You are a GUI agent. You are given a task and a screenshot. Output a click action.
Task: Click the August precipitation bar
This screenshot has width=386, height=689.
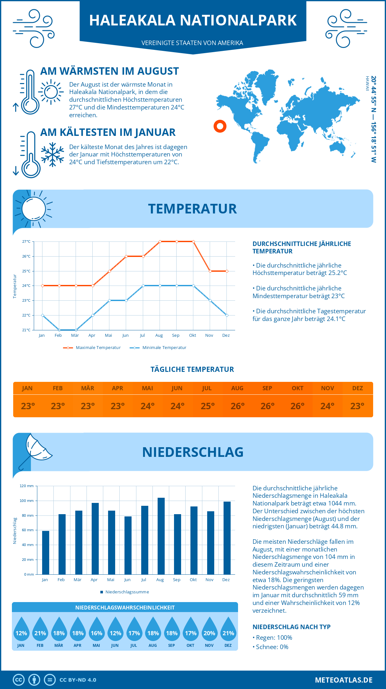pyautogui.click(x=161, y=536)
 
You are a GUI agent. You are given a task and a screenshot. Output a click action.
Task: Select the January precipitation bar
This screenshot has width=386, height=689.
pyautogui.click(x=46, y=552)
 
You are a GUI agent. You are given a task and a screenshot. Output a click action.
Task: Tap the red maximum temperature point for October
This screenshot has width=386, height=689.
pyautogui.click(x=193, y=241)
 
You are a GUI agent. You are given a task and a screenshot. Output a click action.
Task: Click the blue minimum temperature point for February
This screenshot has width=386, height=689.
pyautogui.click(x=59, y=330)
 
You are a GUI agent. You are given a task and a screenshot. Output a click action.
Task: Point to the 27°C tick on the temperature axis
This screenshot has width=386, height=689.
pyautogui.click(x=26, y=241)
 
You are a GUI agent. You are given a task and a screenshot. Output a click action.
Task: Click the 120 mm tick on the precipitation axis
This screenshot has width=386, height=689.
pyautogui.click(x=27, y=486)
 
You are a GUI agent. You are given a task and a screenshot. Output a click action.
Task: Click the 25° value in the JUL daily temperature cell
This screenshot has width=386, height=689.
pyautogui.click(x=207, y=406)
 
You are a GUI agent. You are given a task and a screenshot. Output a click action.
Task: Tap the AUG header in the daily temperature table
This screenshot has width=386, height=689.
pyautogui.click(x=237, y=388)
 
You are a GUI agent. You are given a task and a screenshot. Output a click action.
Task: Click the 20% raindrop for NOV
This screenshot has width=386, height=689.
pyautogui.click(x=209, y=633)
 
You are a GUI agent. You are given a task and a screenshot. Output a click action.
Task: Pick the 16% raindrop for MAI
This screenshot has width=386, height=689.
pyautogui.click(x=96, y=633)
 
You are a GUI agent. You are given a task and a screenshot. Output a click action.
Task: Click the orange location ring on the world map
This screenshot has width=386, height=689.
pyautogui.click(x=220, y=126)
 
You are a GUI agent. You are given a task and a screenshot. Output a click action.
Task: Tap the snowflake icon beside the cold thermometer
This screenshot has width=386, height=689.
pyautogui.click(x=52, y=155)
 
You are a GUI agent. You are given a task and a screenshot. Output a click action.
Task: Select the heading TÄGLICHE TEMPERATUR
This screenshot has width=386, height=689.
pyautogui.click(x=192, y=369)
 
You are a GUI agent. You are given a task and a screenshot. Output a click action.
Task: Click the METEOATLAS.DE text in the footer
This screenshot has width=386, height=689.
pyautogui.click(x=344, y=680)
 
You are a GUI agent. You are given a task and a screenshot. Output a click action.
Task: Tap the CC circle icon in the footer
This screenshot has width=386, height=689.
pyautogui.click(x=19, y=680)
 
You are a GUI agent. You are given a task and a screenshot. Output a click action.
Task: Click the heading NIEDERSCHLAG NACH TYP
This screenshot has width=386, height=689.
pyautogui.click(x=291, y=627)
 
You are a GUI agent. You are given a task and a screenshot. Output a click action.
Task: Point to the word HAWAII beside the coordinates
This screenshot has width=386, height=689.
pyautogui.click(x=367, y=84)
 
